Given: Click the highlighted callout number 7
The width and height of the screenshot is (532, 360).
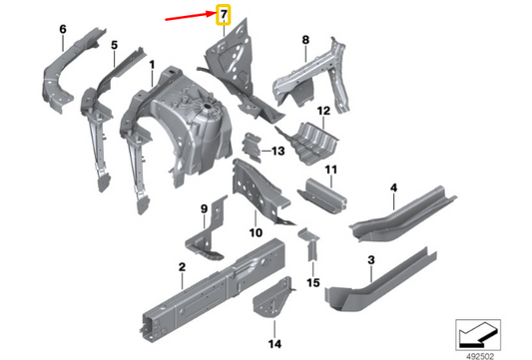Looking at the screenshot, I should pos(224,14).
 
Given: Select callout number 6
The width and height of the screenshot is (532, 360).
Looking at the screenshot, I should pos(62,30).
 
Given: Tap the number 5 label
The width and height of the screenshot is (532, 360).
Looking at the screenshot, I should pos(114,45).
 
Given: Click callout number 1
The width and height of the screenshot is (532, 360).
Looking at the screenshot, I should pos(151,66).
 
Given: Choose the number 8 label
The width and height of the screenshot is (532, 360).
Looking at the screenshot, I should pos(306,40).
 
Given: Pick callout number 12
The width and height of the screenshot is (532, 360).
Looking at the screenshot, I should pos(322,111).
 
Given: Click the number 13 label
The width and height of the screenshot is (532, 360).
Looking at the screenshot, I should pos(276,151).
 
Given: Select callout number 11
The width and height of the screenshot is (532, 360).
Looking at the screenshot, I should pos(331,170).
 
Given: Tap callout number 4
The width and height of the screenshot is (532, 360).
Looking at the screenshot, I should pos(393,187).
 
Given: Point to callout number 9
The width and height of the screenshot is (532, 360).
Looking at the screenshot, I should pos(204,208).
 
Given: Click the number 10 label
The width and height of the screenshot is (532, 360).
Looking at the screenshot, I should pos(256,232).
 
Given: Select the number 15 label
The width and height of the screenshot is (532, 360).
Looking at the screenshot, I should pos(312,284).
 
